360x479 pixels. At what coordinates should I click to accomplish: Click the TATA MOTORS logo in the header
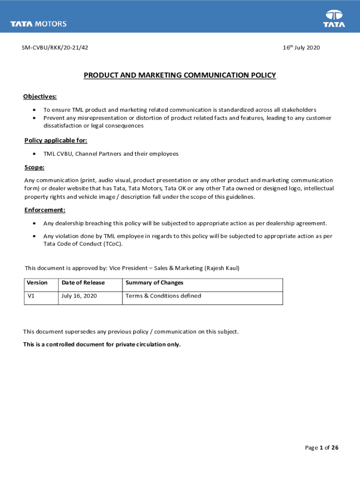click(39, 24)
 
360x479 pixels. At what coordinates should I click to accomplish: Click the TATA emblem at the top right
click(334, 19)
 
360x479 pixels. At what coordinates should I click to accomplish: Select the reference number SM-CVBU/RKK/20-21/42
click(54, 48)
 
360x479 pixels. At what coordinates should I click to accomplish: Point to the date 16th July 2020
click(301, 48)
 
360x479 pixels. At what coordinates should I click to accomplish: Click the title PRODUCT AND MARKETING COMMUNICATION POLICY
click(180, 75)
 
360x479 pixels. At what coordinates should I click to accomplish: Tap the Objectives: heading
click(40, 97)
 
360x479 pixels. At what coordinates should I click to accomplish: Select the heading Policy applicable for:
click(56, 141)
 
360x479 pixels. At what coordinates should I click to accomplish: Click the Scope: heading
click(34, 167)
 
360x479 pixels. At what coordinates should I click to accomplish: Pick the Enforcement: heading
click(45, 210)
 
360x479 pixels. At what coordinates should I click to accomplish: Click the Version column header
click(37, 283)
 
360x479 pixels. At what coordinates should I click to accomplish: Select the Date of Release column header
click(83, 283)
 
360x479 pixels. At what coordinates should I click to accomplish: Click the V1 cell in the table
click(31, 296)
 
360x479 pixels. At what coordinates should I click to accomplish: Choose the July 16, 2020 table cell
click(79, 296)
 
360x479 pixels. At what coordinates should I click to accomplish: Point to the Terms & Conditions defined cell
click(163, 296)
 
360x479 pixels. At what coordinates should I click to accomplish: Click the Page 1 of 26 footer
click(322, 448)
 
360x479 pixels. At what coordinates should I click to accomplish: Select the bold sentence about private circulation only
click(102, 345)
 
